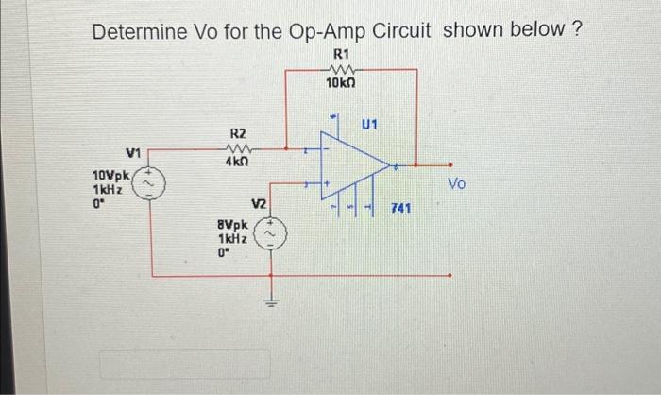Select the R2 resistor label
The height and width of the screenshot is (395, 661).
[239, 134]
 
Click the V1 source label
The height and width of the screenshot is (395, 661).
[133, 152]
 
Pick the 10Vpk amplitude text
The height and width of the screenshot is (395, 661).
[111, 175]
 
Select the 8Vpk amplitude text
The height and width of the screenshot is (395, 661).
[232, 227]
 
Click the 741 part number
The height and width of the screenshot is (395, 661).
[400, 208]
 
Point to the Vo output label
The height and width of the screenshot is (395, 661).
[457, 182]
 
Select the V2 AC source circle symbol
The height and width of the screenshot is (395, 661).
[274, 233]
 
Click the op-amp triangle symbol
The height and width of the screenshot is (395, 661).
[354, 165]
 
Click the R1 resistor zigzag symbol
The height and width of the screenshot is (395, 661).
[340, 68]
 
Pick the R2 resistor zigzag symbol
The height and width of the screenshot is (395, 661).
[239, 148]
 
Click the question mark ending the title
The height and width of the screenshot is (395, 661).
[575, 29]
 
